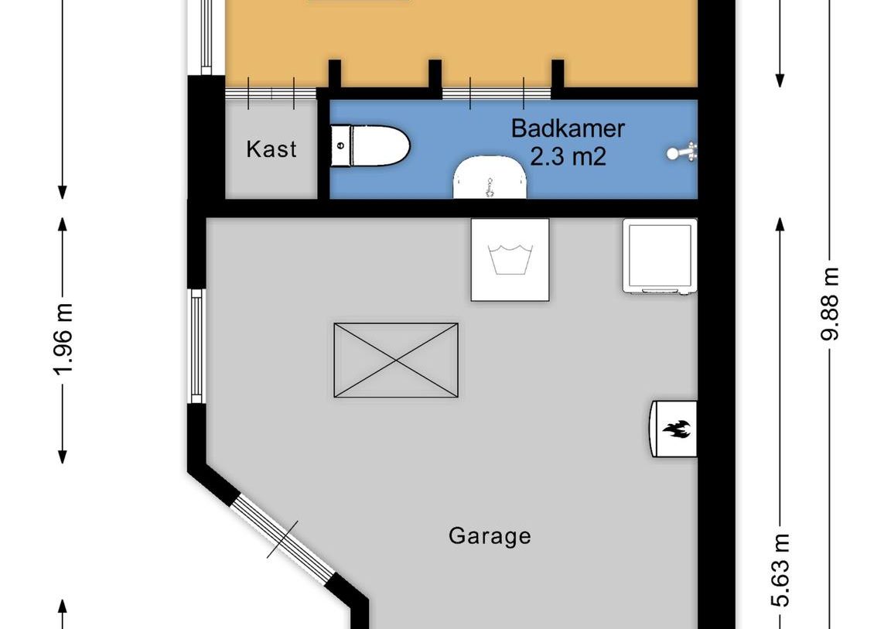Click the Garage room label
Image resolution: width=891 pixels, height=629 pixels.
click(490, 535)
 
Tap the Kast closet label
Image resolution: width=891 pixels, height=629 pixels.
click(271, 149)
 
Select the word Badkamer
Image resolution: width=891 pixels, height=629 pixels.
click(567, 128)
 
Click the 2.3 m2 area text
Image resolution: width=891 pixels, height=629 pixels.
click(567, 157)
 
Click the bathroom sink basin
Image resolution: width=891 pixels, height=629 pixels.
click(490, 177)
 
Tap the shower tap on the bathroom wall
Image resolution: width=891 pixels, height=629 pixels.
click(684, 152)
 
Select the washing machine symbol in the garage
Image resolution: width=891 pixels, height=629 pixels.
click(510, 260)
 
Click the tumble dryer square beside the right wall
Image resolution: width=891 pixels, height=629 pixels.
click(660, 256)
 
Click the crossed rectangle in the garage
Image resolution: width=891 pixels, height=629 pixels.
click(395, 361)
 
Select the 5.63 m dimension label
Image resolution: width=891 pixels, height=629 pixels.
click(783, 569)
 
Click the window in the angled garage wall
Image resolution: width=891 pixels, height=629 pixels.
click(283, 538)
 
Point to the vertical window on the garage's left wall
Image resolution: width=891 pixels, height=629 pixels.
click(196, 347)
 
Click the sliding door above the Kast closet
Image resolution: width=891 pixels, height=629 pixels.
click(271, 93)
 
